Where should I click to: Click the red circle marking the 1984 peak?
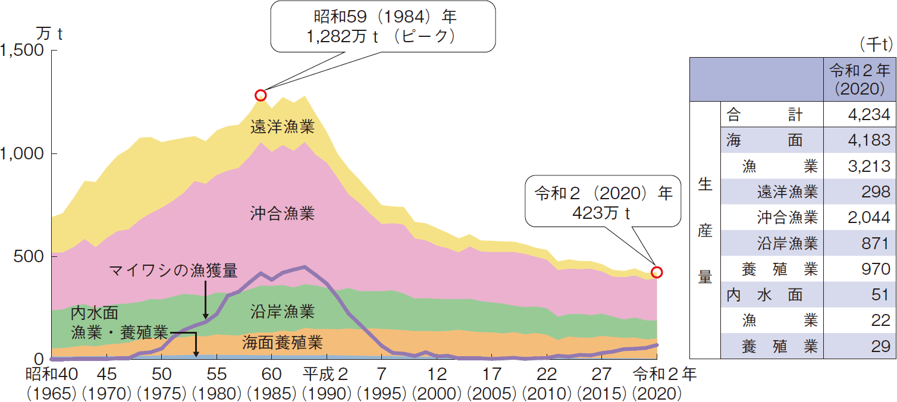point(260,95)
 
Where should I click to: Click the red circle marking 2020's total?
point(657,272)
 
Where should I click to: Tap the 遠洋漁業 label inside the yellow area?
point(282,127)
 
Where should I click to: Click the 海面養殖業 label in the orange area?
point(283,343)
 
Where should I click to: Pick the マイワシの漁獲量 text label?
point(173,271)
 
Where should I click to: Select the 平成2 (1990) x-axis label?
point(325,384)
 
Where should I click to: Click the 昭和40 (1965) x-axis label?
point(51,384)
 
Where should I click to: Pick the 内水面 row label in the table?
point(764,294)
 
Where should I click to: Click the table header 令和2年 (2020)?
point(857,80)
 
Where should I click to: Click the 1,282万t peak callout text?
point(381,37)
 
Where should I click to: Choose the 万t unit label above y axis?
point(49,33)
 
